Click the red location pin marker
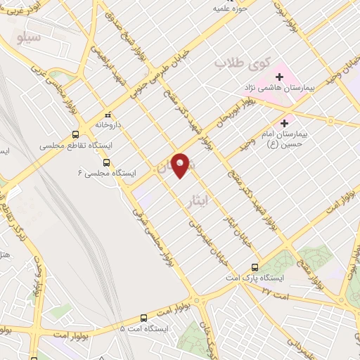[x=181, y=165]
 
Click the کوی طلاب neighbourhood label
[x=232, y=64]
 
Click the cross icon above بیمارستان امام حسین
[x=284, y=123]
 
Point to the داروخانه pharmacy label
[x=109, y=124]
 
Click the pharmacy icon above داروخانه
[x=108, y=114]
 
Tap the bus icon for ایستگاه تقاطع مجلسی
[x=76, y=134]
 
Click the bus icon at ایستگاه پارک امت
[x=255, y=267]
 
